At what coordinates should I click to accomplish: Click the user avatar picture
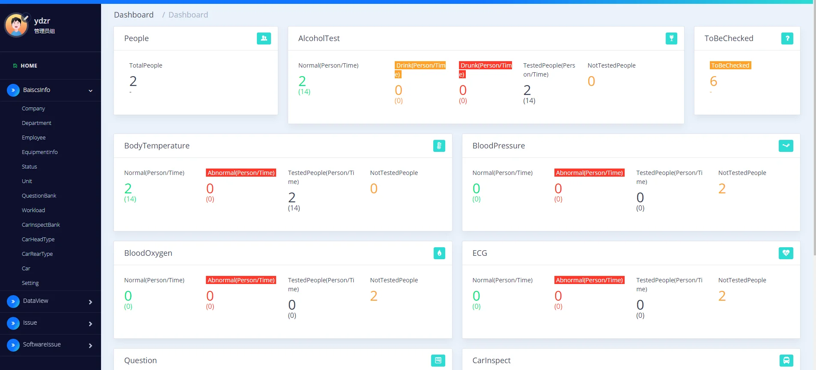17,25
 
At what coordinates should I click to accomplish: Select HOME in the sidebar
29,66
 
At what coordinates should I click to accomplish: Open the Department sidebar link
36,123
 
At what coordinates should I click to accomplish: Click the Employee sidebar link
33,138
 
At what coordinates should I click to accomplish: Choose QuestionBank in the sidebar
39,196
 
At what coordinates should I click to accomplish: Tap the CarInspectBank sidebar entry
41,225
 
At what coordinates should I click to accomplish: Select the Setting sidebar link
30,283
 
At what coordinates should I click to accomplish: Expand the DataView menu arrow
90,302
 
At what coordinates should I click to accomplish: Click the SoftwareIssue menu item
42,344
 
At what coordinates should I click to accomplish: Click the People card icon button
264,38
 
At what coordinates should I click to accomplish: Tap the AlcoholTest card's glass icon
671,38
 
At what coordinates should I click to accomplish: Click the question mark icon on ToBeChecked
787,38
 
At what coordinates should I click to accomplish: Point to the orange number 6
713,81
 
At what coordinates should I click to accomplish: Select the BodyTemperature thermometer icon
439,146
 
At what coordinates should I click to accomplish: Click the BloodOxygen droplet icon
439,253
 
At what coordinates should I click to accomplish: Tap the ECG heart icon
786,253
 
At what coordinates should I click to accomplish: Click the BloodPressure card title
498,146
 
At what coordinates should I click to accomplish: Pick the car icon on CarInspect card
786,361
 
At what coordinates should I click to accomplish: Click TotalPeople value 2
133,81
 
